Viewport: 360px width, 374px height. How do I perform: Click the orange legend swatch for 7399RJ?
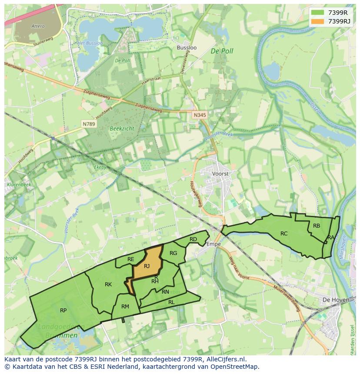(318, 21)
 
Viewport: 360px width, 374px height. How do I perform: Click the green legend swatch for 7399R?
(318, 13)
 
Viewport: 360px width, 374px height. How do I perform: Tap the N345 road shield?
(199, 115)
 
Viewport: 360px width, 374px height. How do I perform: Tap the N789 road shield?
(88, 124)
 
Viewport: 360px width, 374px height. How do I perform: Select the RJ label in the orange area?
(147, 266)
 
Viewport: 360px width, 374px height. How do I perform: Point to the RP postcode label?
(63, 310)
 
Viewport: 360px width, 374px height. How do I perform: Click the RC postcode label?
(284, 233)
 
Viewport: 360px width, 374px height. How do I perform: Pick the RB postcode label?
(317, 225)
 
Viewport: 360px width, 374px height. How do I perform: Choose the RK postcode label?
(108, 285)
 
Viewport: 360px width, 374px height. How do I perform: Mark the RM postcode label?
(125, 307)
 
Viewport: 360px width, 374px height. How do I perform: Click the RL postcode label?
(171, 302)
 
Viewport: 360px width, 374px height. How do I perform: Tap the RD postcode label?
(193, 239)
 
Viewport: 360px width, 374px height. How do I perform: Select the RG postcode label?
(173, 253)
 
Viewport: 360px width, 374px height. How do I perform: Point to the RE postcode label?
(131, 259)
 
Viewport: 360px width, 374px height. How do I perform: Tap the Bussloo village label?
(187, 47)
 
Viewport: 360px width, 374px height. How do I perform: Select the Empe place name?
(213, 244)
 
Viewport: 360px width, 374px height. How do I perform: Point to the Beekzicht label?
(122, 129)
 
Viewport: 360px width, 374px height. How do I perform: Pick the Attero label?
(38, 26)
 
